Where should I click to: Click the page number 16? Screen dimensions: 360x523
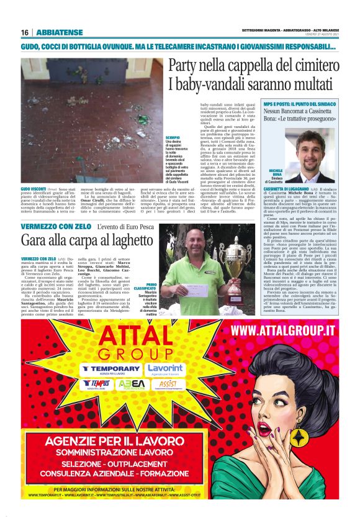click(24, 32)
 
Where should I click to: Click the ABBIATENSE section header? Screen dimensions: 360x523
click(59, 32)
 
